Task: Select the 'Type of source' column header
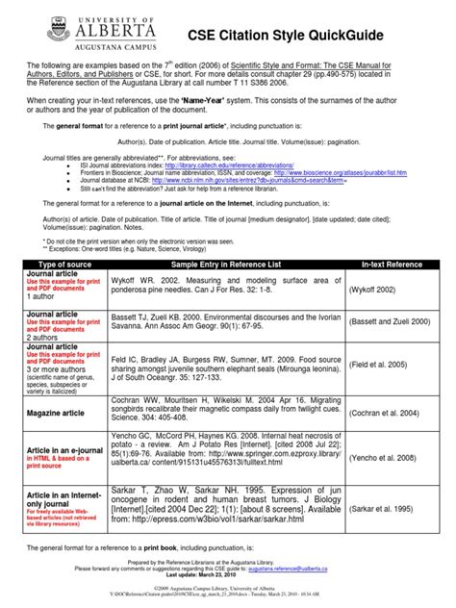click(63, 263)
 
